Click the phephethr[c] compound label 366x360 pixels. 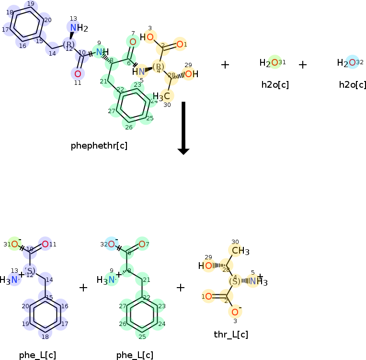(99, 145)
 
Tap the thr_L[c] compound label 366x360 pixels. (231, 334)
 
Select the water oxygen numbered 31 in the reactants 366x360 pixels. (274, 62)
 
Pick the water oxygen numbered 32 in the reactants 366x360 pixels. (352, 62)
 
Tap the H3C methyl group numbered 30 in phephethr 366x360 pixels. (162, 96)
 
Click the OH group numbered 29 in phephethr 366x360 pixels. (191, 74)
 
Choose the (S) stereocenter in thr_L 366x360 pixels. (235, 281)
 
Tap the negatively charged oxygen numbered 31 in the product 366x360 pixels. (15, 244)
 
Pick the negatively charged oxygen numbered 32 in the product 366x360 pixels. (112, 244)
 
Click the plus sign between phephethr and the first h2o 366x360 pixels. (225, 64)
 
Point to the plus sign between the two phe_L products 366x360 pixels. (83, 288)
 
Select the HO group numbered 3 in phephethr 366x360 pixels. (147, 37)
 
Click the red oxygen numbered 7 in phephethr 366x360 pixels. (133, 42)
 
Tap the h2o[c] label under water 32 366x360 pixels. (352, 85)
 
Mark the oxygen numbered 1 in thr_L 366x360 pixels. (208, 296)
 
